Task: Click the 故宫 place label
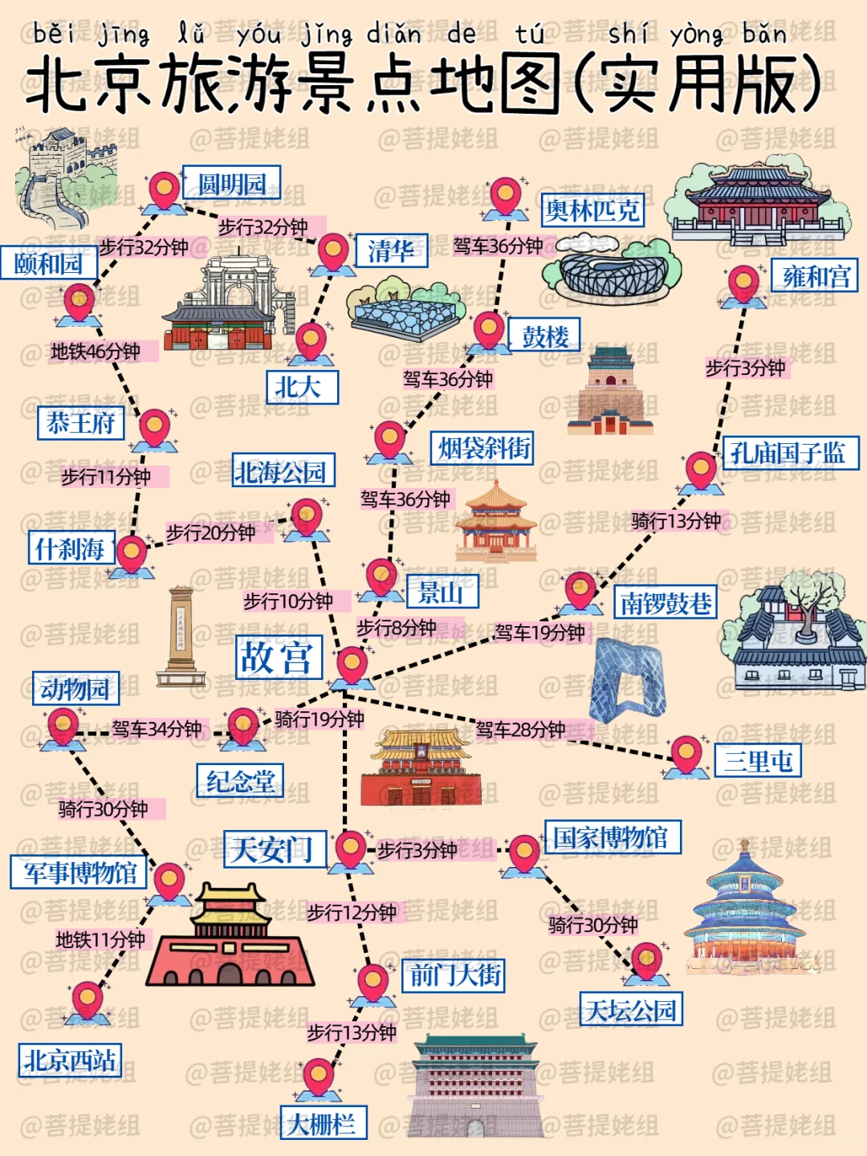click(x=279, y=657)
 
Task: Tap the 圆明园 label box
click(x=231, y=183)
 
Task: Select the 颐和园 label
click(x=49, y=263)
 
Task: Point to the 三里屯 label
click(x=758, y=759)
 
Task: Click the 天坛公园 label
click(x=631, y=1009)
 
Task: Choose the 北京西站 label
click(x=70, y=1060)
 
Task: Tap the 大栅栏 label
click(x=323, y=1122)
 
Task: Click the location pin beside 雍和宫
click(x=743, y=283)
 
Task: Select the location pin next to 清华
click(x=333, y=252)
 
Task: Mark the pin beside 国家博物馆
click(x=524, y=852)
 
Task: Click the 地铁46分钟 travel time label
click(x=96, y=352)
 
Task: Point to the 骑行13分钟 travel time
click(x=676, y=521)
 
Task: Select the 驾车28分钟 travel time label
click(x=520, y=730)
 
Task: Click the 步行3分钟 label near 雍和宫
click(x=745, y=368)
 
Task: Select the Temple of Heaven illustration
click(x=746, y=907)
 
